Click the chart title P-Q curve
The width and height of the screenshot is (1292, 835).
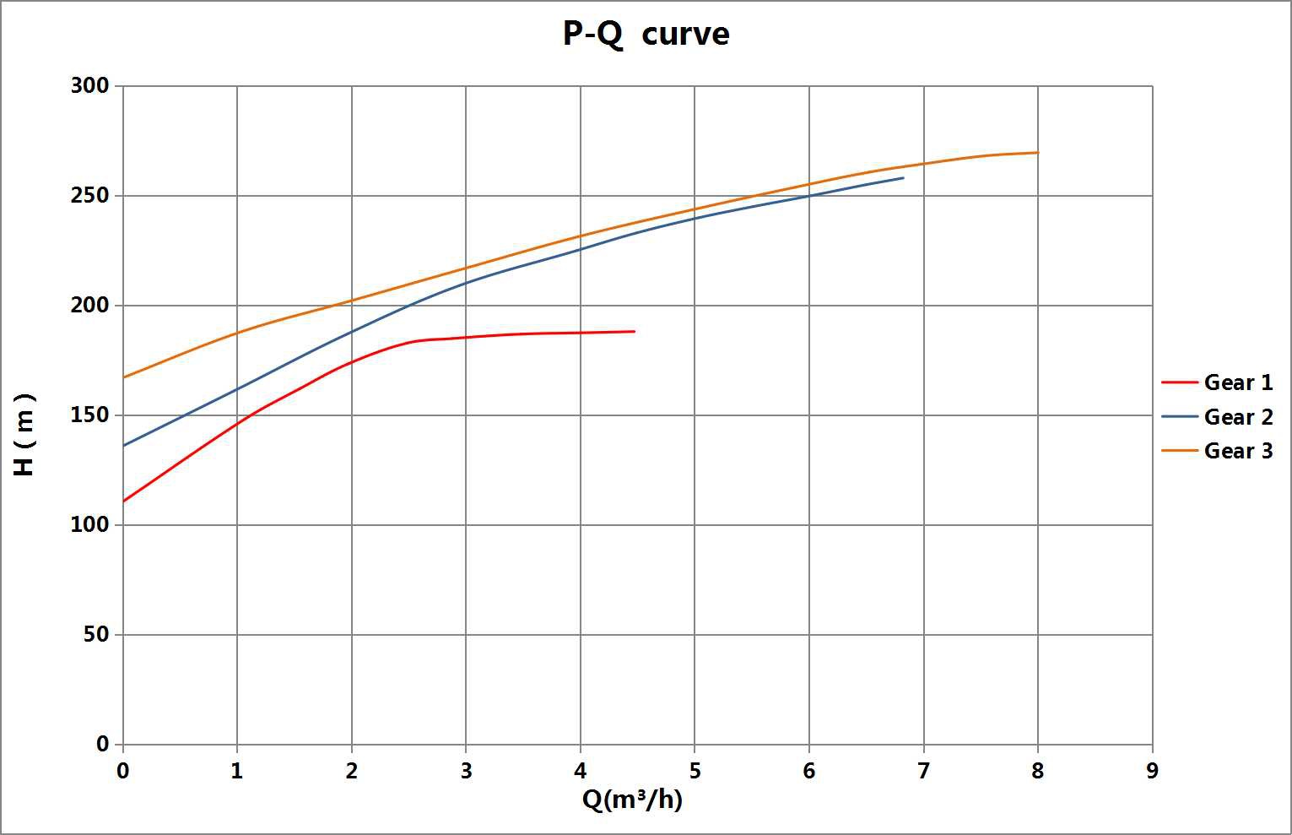tap(646, 34)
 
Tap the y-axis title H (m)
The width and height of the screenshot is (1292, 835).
tap(24, 434)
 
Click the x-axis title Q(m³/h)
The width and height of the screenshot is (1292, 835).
tap(632, 799)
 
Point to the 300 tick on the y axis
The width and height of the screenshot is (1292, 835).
tap(90, 85)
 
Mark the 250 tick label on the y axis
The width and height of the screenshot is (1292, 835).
tap(90, 195)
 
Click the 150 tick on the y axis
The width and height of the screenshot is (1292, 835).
tap(90, 415)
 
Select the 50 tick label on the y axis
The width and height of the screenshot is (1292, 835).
tap(96, 634)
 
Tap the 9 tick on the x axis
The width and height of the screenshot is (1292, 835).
tap(1153, 771)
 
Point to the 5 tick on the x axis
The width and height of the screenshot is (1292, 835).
tap(695, 771)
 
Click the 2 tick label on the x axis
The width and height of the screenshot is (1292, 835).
tap(352, 771)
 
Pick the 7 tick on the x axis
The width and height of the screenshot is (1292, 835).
tap(923, 771)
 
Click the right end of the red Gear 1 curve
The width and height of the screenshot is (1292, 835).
tap(635, 331)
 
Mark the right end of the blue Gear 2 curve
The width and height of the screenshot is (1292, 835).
tap(903, 177)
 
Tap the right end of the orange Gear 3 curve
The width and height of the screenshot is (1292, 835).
tap(1038, 153)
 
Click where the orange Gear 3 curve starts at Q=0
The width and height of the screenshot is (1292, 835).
tap(123, 377)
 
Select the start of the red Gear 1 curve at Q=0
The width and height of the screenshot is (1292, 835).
tap(123, 502)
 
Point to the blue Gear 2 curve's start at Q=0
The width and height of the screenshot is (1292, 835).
tap(123, 446)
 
